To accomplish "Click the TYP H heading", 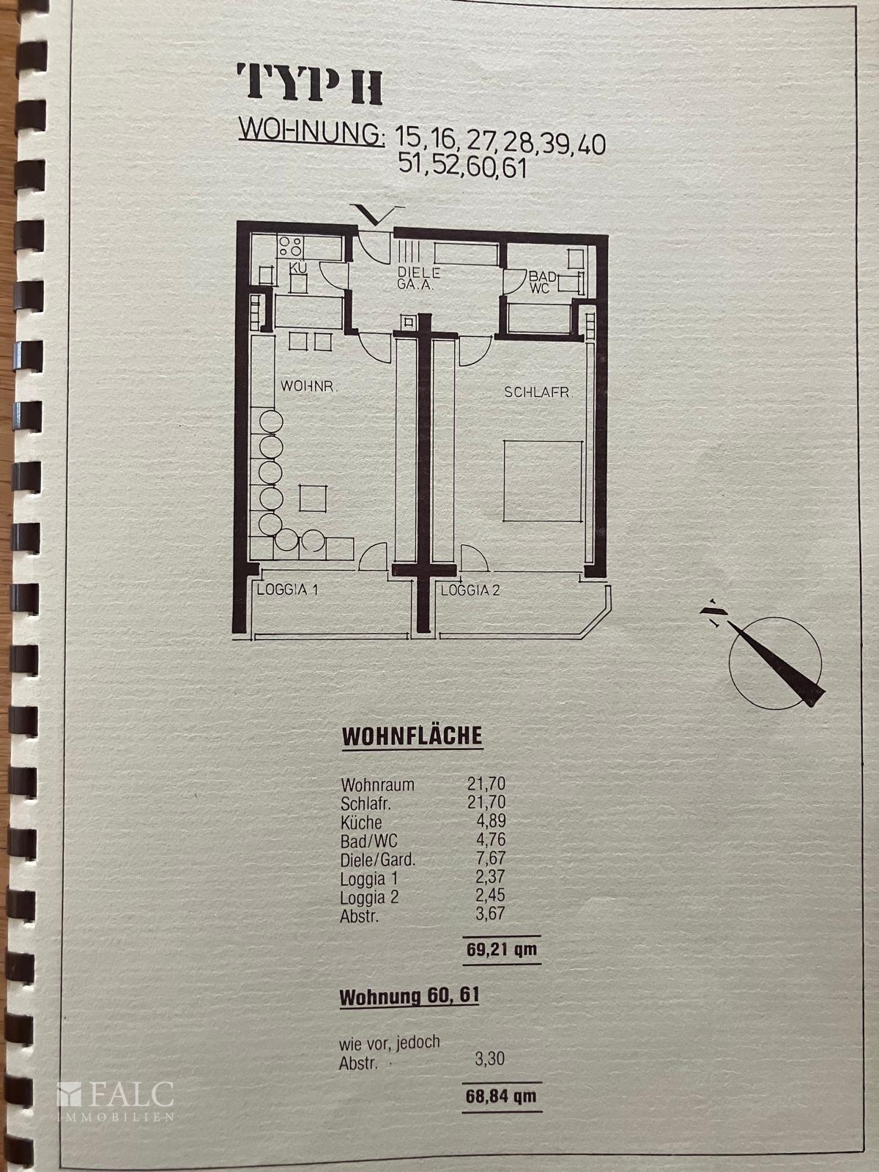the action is [309, 84].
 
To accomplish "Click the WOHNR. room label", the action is [310, 386].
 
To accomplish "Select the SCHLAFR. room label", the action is [538, 393].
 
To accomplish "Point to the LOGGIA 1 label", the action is [288, 590].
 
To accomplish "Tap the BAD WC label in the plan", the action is [543, 282].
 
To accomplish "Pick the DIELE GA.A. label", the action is [419, 278].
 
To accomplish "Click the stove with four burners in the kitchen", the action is [290, 247].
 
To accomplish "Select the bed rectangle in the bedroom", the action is [543, 481].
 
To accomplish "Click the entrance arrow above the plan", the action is [377, 214].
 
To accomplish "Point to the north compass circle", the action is [775, 663].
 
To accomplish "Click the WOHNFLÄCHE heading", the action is [412, 736].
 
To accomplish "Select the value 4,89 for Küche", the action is [491, 820].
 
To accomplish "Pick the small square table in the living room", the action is [313, 498].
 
